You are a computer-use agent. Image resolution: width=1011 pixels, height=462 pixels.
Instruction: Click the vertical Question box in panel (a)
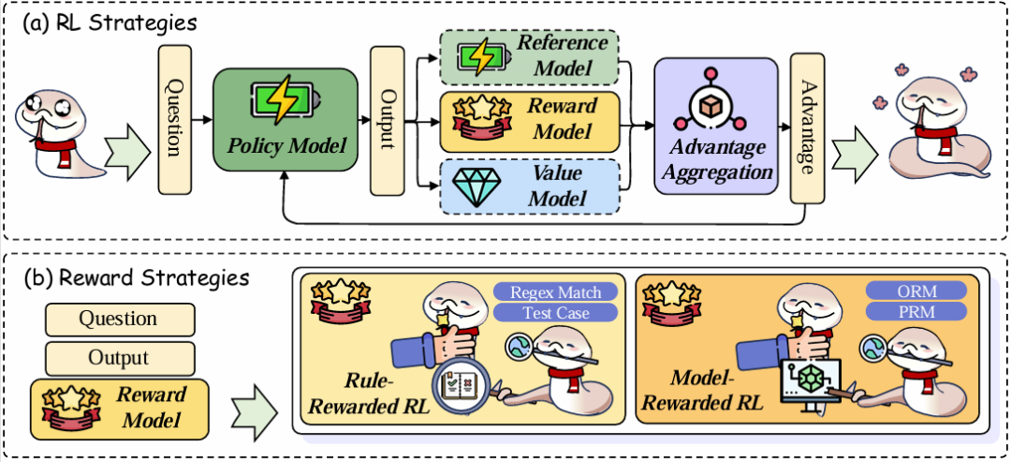[x=173, y=119]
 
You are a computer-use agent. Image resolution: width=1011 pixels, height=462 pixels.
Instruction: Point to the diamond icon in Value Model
[x=476, y=186]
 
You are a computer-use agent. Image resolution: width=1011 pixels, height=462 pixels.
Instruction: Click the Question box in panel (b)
[x=118, y=319]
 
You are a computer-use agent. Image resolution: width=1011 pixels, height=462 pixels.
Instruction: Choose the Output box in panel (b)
[x=118, y=357]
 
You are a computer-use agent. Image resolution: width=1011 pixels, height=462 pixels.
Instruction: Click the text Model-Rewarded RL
[x=712, y=389]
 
